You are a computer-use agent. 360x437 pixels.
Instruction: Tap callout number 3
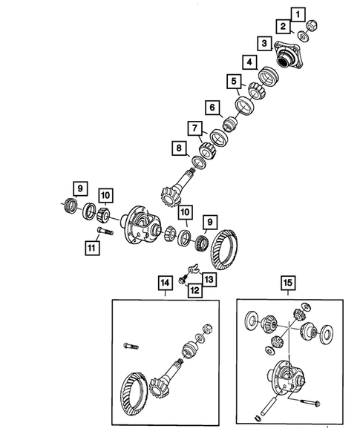pyautogui.click(x=264, y=43)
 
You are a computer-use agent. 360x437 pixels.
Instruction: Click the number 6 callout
pyautogui.click(x=212, y=108)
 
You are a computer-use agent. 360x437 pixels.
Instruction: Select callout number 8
pyautogui.click(x=179, y=149)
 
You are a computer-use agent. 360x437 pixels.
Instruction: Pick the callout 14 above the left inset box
pyautogui.click(x=163, y=283)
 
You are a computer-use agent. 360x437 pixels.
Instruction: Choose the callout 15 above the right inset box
pyautogui.click(x=287, y=283)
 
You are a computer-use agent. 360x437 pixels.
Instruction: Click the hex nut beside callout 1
pyautogui.click(x=312, y=24)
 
